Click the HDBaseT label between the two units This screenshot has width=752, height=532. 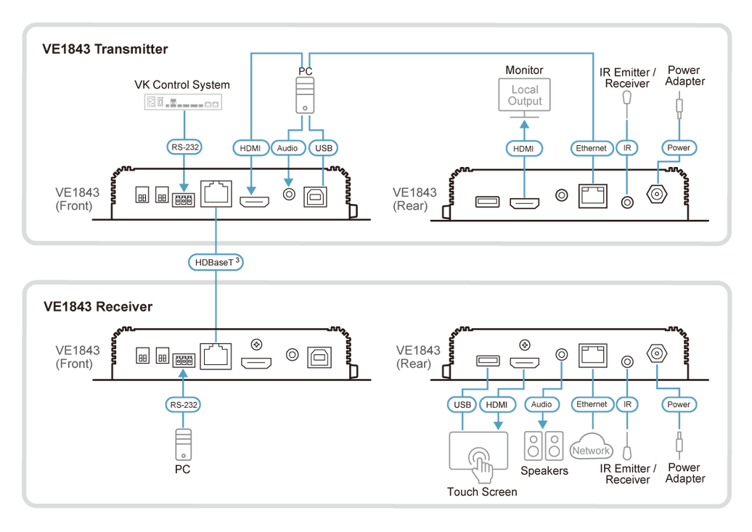216,261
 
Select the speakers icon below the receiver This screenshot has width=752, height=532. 543,445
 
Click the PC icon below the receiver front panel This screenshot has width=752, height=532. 184,443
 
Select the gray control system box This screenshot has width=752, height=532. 181,103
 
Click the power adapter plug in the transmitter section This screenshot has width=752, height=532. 680,109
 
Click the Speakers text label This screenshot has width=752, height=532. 544,470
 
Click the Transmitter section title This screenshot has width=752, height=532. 106,50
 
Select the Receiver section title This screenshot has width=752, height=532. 98,306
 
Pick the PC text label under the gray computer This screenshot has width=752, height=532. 184,470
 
